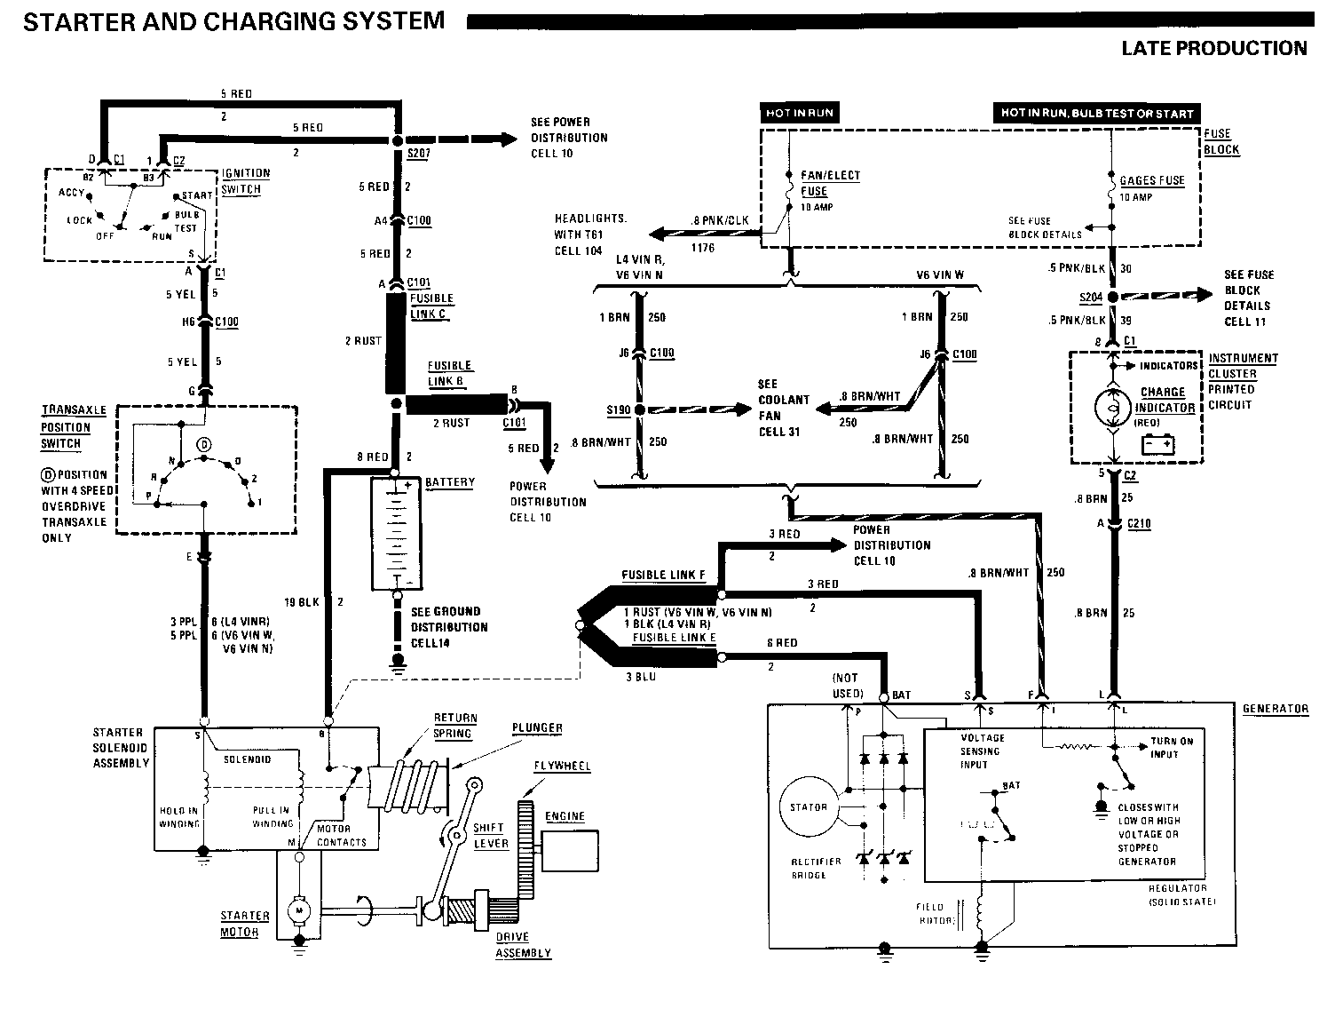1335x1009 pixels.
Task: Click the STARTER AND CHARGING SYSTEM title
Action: (233, 21)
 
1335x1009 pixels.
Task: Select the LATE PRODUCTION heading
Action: (1213, 48)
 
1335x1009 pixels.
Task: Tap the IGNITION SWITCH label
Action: (246, 180)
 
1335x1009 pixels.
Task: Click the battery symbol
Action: (396, 534)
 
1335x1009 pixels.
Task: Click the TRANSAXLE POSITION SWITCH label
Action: (74, 426)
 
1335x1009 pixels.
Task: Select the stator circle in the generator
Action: (808, 807)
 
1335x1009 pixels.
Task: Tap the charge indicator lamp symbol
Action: (1111, 408)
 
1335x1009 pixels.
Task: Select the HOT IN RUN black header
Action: (799, 113)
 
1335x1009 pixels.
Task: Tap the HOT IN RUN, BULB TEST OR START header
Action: (1096, 114)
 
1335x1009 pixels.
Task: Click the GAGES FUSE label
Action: (1151, 180)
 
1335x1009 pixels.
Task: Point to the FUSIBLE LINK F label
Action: (663, 575)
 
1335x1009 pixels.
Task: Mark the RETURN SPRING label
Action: (454, 726)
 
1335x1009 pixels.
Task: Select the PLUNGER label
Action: (536, 728)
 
